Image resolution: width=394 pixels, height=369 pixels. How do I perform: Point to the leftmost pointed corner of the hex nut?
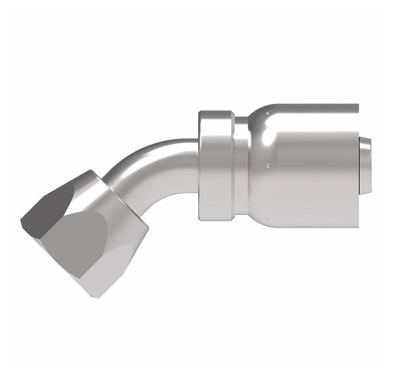21,221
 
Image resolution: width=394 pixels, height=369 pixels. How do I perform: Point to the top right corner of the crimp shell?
359,105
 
